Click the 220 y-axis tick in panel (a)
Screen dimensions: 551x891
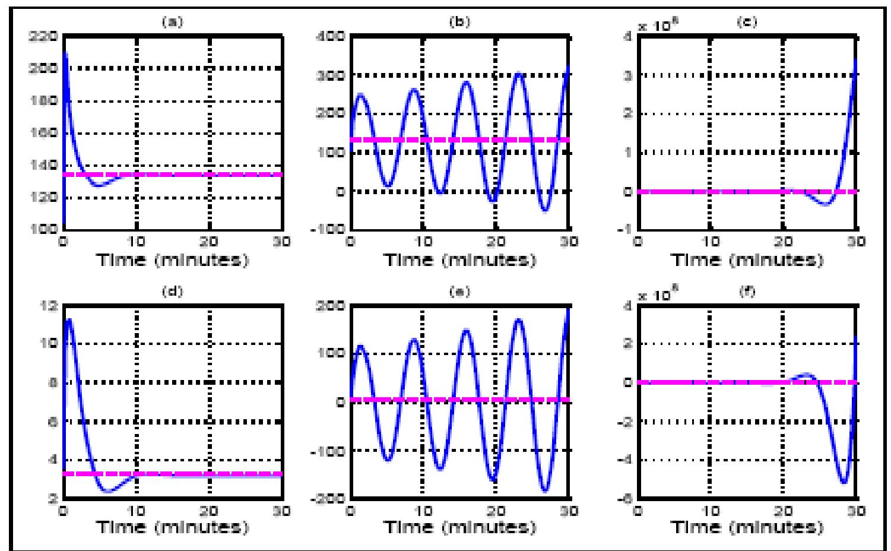point(47,36)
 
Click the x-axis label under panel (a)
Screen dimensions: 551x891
point(173,259)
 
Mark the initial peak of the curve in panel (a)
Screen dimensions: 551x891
point(65,53)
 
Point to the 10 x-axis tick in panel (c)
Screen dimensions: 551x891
point(710,242)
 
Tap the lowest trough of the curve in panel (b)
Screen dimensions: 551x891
point(546,210)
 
